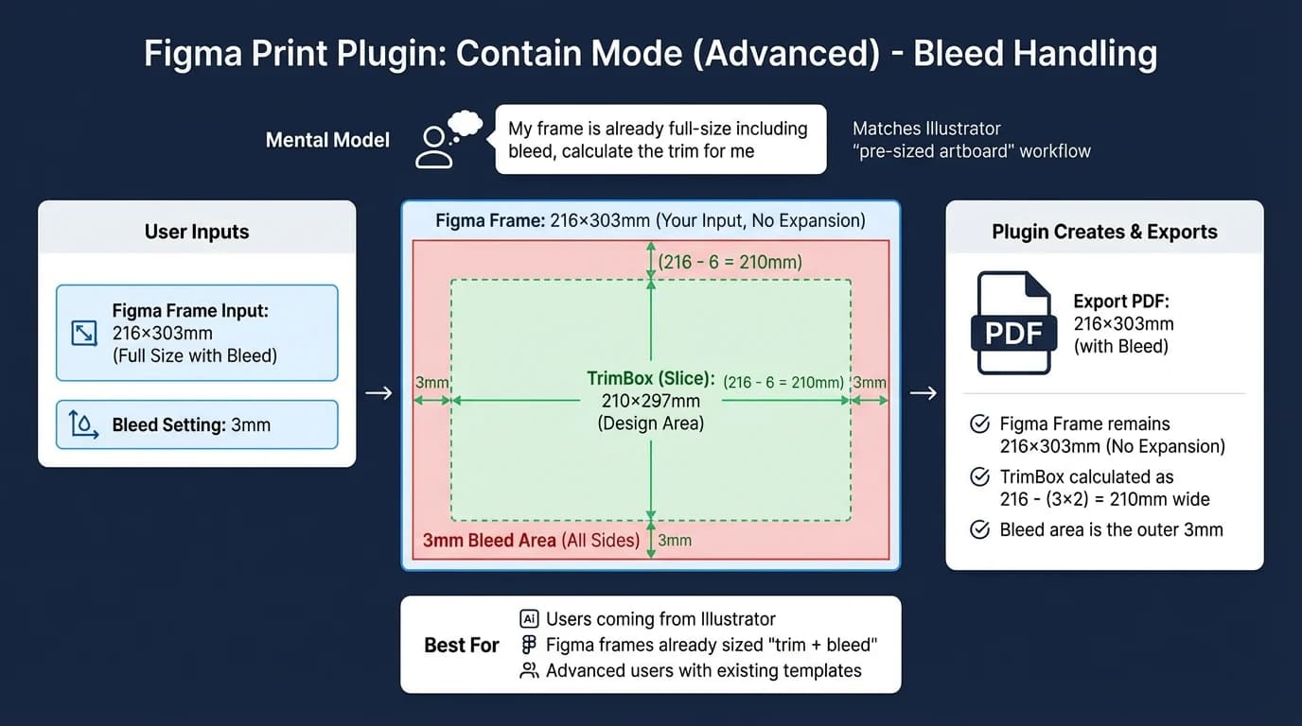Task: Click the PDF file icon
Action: (1013, 322)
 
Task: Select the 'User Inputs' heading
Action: (197, 232)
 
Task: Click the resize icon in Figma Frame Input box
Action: (84, 333)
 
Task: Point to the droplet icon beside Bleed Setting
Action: (84, 425)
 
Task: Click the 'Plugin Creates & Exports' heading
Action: (1104, 232)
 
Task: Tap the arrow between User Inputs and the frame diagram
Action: (378, 392)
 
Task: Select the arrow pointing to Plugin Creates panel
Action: (923, 392)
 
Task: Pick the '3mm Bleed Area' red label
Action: (490, 541)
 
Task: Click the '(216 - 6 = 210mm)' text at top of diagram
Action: (730, 262)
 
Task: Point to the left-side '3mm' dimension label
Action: (431, 383)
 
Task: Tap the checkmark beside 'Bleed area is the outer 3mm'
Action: (980, 529)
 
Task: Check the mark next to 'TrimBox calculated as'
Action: (980, 476)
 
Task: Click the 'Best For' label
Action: (461, 646)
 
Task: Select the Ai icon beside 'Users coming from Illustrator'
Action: (529, 619)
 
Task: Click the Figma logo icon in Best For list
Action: (529, 645)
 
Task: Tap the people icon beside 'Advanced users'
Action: (529, 670)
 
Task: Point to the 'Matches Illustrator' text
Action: (926, 129)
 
